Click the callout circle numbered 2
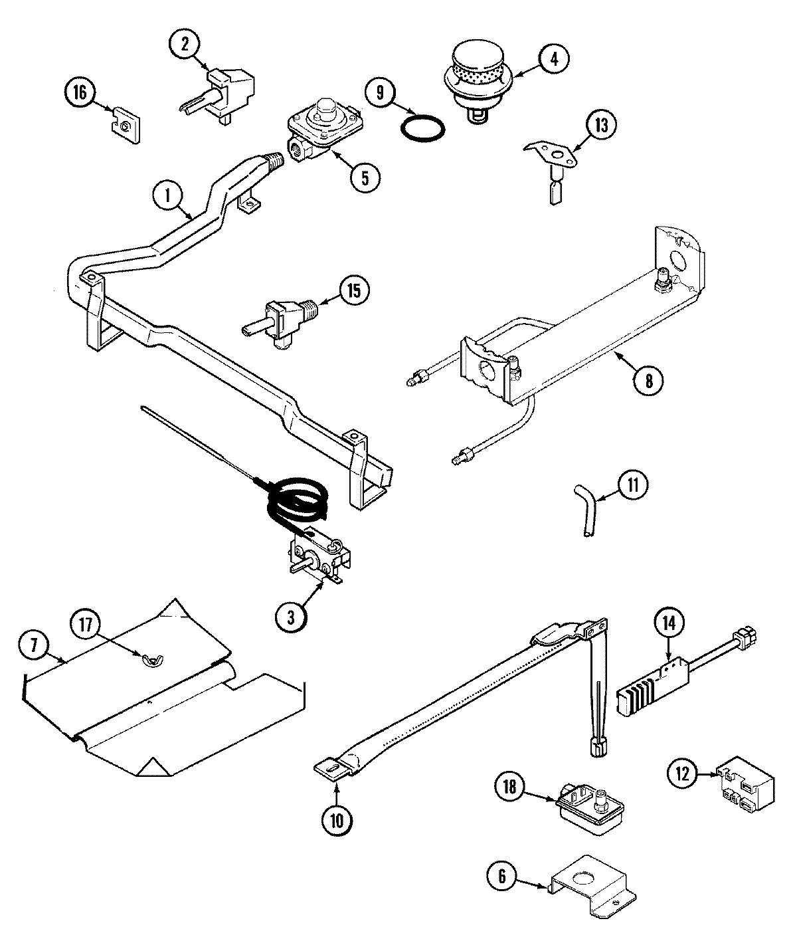click(x=185, y=45)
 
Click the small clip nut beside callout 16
click(x=127, y=124)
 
